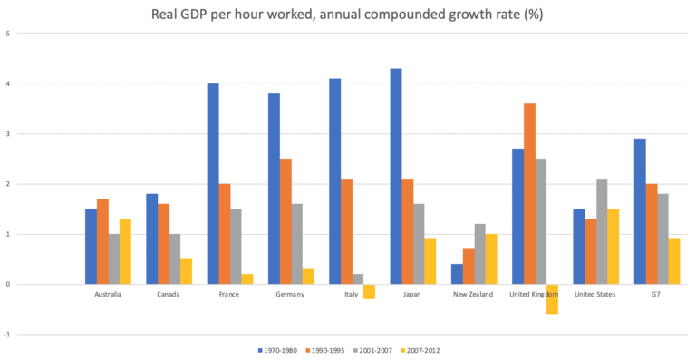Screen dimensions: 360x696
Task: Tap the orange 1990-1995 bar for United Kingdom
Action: point(529,194)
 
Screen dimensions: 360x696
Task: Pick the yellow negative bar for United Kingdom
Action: point(553,299)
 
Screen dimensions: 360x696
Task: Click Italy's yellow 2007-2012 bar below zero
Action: point(370,291)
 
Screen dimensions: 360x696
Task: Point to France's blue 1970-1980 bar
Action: point(213,184)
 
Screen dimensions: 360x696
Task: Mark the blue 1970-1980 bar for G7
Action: point(640,211)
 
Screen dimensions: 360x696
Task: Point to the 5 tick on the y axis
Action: point(8,34)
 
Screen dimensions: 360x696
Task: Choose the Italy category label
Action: point(352,295)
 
